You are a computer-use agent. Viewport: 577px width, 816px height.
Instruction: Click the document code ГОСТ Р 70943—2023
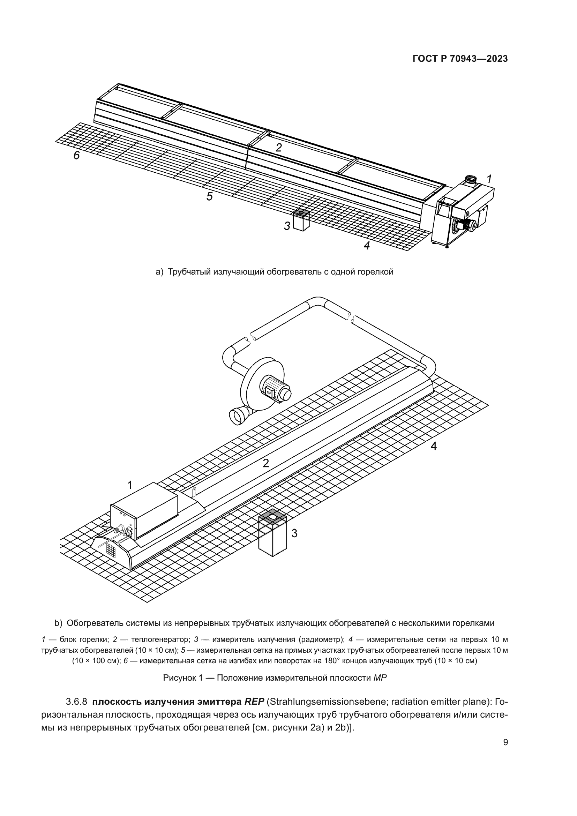460,59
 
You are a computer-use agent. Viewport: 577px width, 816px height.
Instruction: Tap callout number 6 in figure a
77,155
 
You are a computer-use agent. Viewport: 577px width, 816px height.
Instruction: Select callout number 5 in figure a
210,196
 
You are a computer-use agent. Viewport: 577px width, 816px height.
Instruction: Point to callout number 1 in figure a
489,179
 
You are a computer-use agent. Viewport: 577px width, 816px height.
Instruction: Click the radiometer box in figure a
301,221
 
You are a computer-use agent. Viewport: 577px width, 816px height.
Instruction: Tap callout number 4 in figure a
367,245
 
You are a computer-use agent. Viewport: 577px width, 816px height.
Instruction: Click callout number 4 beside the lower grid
434,446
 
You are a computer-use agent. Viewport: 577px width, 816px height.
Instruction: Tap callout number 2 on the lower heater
266,463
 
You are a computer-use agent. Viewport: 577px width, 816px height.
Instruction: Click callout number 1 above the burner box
130,485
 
